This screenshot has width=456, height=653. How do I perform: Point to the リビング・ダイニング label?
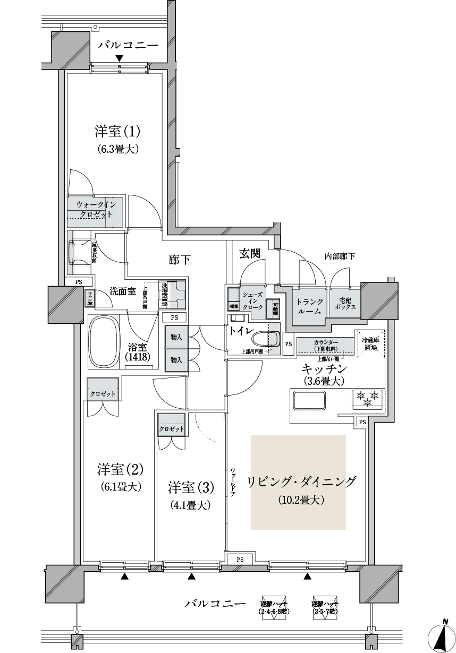click(301, 482)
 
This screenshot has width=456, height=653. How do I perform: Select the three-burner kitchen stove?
click(367, 398)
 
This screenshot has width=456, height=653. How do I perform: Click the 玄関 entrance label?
click(249, 254)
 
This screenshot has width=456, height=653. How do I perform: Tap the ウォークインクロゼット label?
click(96, 209)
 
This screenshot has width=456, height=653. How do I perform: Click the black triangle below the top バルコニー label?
click(120, 58)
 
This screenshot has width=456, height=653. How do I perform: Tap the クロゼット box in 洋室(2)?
click(103, 394)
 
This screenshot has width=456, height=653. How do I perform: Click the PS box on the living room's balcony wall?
click(240, 559)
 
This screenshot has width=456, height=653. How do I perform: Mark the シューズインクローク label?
click(252, 301)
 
